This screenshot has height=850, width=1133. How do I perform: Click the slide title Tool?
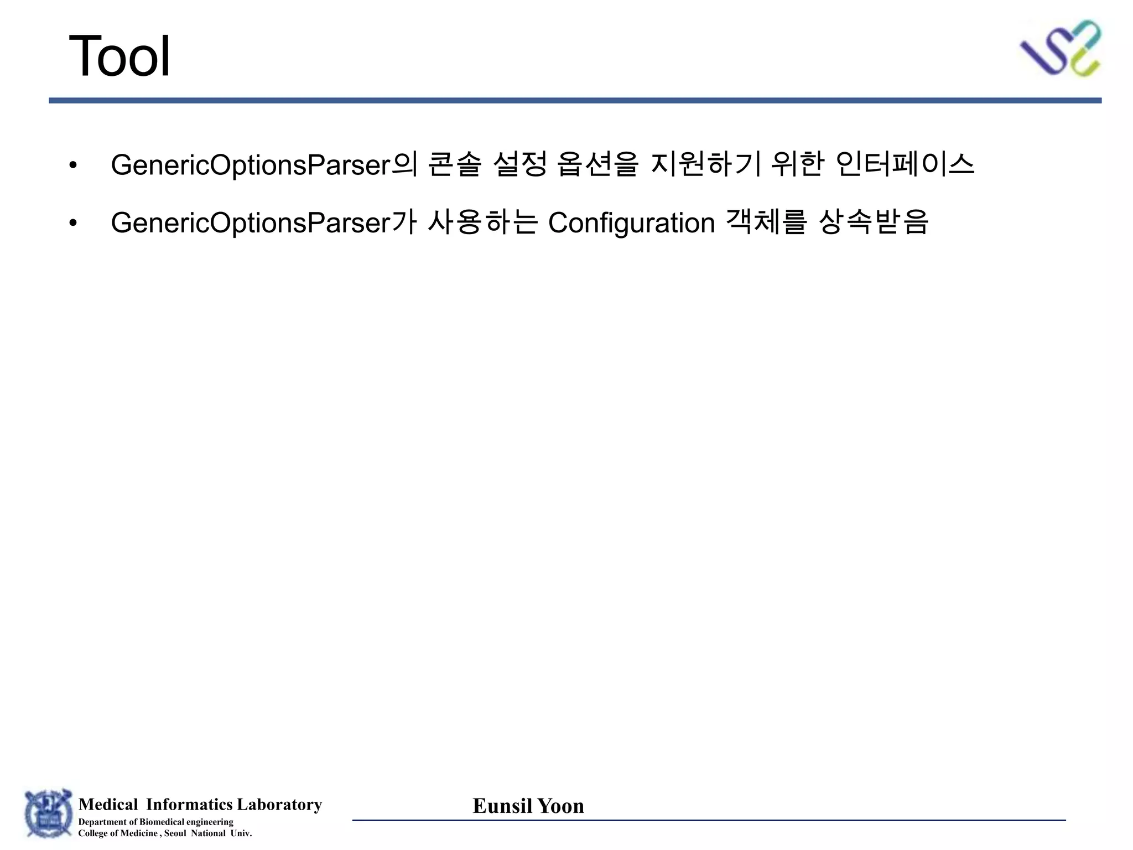click(119, 56)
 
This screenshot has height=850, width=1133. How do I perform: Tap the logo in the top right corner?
click(1060, 49)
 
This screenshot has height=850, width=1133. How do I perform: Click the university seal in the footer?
click(48, 813)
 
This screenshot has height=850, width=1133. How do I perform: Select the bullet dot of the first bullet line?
click(73, 165)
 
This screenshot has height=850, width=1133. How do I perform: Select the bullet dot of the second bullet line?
click(73, 223)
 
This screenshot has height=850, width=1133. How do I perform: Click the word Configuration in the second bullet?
click(631, 223)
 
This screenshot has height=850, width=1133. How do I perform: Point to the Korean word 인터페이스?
click(905, 164)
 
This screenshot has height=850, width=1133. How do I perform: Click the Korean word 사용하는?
click(482, 222)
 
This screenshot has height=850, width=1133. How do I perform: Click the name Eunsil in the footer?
click(502, 806)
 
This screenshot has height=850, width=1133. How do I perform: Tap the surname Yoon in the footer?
click(560, 806)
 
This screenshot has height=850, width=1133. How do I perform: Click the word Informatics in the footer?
click(189, 804)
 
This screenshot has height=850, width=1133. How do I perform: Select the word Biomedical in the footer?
click(162, 822)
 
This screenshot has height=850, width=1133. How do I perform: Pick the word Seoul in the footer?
click(175, 833)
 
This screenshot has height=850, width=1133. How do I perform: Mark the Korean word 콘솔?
click(455, 164)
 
